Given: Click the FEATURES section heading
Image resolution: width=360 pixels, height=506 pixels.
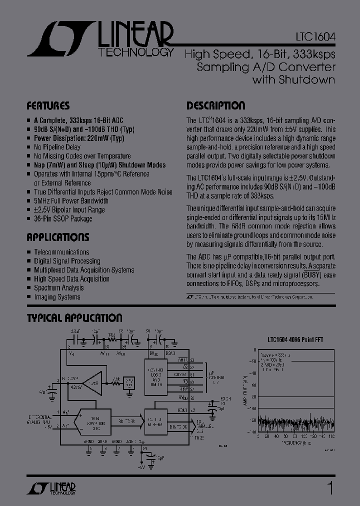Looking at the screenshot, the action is [x=47, y=106].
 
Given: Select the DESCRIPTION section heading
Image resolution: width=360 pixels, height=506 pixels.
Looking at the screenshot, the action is [x=215, y=106].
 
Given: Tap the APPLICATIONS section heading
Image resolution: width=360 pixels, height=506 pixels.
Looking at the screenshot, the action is [x=57, y=237].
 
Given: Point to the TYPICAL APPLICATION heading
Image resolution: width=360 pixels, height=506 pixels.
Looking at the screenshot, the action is [x=74, y=318].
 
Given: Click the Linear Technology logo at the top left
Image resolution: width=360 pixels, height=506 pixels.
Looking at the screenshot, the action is [x=100, y=39].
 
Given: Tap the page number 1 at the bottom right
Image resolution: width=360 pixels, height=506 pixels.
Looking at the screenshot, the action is [x=329, y=487].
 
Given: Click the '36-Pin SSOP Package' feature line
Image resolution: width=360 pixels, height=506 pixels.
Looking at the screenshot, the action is [x=63, y=219].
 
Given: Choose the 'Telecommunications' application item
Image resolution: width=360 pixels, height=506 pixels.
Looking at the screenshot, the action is [x=61, y=252].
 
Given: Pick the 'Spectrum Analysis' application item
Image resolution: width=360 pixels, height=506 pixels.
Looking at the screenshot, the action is [x=58, y=288].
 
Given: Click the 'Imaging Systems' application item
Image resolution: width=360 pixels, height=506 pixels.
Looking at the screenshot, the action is [x=57, y=297].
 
